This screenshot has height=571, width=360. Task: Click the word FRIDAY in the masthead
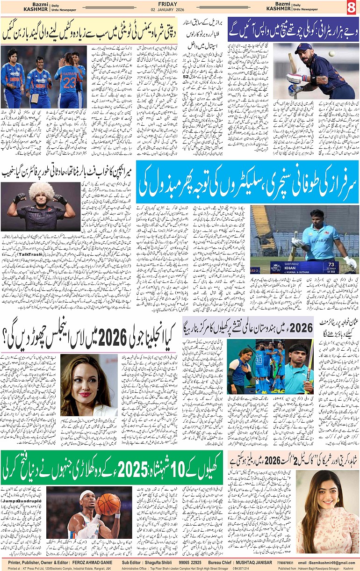point(180,4)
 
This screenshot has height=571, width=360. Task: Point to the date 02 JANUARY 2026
point(180,11)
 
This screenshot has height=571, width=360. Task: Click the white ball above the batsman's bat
point(331,54)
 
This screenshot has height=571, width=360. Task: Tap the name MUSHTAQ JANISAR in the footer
point(253,562)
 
